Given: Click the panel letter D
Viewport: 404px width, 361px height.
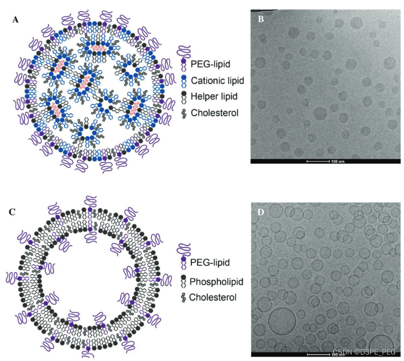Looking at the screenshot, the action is pyautogui.click(x=261, y=212).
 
